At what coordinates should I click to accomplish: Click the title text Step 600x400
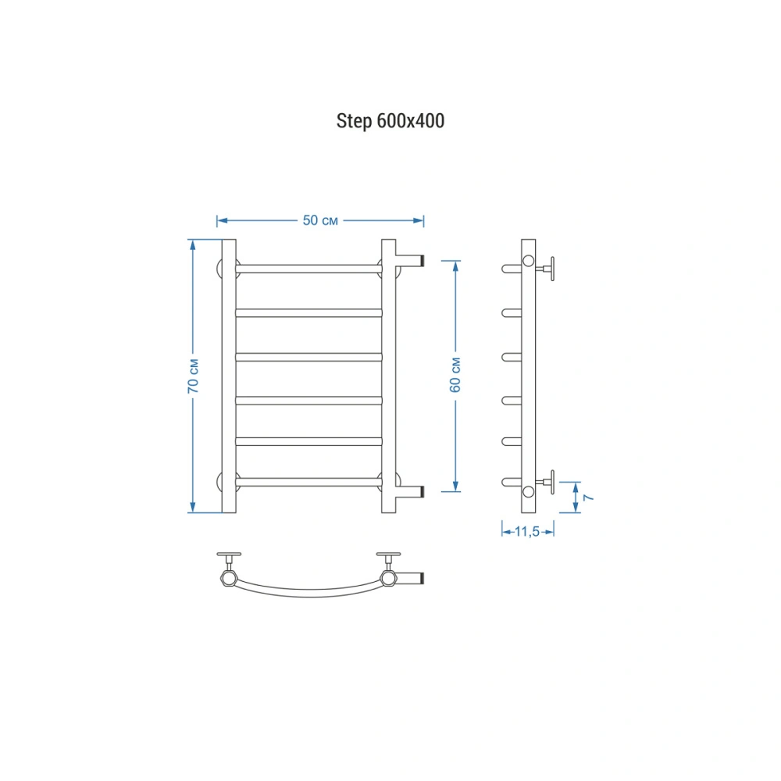[x=390, y=121]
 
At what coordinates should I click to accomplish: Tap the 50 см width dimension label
[x=320, y=220]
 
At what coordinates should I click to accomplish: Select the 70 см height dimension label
[x=193, y=376]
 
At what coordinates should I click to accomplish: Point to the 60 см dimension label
[x=455, y=375]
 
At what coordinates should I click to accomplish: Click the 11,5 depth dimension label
[x=527, y=531]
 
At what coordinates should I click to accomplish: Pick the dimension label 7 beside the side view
[x=588, y=497]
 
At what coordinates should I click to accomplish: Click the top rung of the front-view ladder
[x=308, y=269]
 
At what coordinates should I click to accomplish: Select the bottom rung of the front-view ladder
[x=308, y=482]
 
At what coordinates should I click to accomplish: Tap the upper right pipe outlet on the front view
[x=410, y=261]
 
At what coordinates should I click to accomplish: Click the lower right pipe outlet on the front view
[x=410, y=491]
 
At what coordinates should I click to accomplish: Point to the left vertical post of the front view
[x=229, y=376]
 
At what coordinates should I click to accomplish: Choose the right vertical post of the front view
[x=388, y=376]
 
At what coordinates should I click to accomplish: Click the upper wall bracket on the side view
[x=546, y=269]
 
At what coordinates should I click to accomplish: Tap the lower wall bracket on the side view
[x=546, y=482]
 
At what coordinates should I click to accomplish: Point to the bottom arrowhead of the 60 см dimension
[x=455, y=486]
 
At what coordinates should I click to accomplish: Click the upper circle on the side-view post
[x=528, y=261]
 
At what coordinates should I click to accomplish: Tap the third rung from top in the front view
[x=308, y=357]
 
